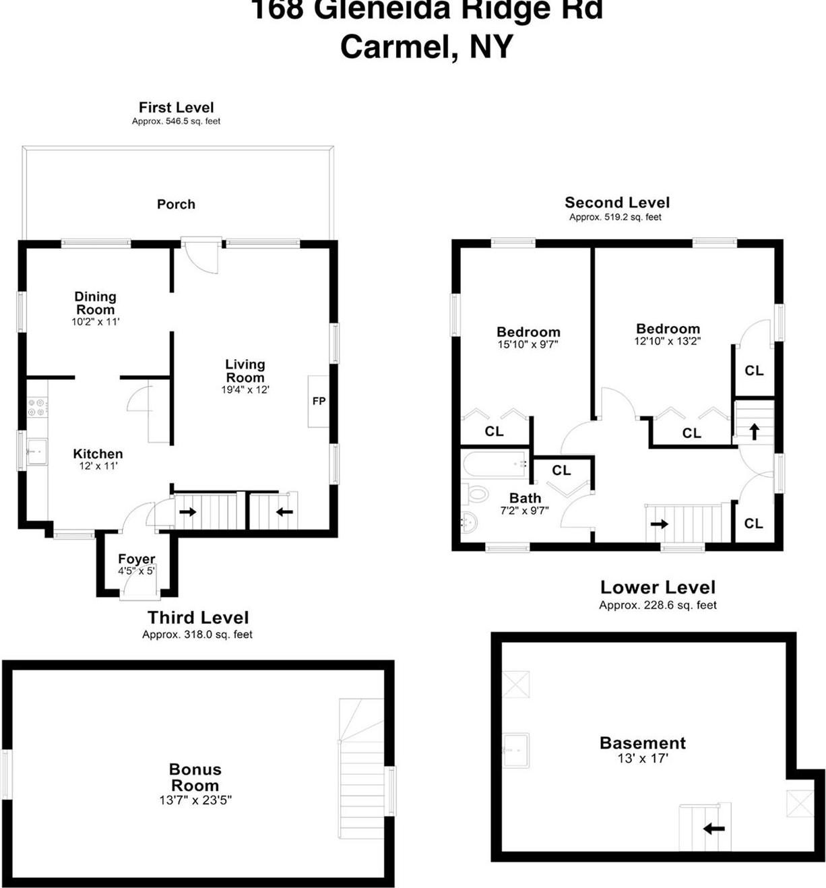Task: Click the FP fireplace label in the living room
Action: click(x=319, y=401)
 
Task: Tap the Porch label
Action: click(x=176, y=204)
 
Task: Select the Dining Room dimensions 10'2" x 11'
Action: click(x=95, y=322)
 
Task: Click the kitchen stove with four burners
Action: click(x=36, y=407)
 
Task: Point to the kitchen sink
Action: click(x=36, y=450)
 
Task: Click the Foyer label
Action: click(x=136, y=559)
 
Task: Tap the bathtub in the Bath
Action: click(x=495, y=464)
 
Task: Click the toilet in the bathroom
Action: click(x=476, y=494)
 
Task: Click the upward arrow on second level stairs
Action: click(x=754, y=431)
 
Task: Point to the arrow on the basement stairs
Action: click(x=713, y=828)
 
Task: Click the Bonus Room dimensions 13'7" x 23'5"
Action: click(x=195, y=800)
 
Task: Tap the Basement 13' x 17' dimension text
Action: click(x=642, y=759)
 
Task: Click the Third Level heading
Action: click(x=198, y=617)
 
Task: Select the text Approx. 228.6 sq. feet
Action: click(x=658, y=605)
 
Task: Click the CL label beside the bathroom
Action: click(x=561, y=470)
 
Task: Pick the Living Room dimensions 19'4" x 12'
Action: click(x=245, y=389)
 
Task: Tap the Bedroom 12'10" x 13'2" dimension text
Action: click(x=668, y=341)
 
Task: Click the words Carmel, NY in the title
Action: click(x=426, y=46)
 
